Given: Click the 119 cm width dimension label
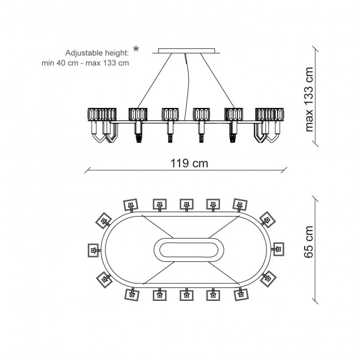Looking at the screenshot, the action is tap(189, 163).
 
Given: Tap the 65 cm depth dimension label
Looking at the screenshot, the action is tap(308, 242).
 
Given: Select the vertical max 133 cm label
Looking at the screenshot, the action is tap(309, 99).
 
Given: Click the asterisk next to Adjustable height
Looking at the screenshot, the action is tap(136, 49).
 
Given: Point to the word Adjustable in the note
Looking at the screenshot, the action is tap(84, 53).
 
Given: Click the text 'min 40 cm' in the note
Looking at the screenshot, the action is tap(60, 63).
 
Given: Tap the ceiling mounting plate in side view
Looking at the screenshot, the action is tap(187, 51).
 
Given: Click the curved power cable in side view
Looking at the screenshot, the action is tap(187, 87).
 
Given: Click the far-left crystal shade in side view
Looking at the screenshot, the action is tap(102, 114).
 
